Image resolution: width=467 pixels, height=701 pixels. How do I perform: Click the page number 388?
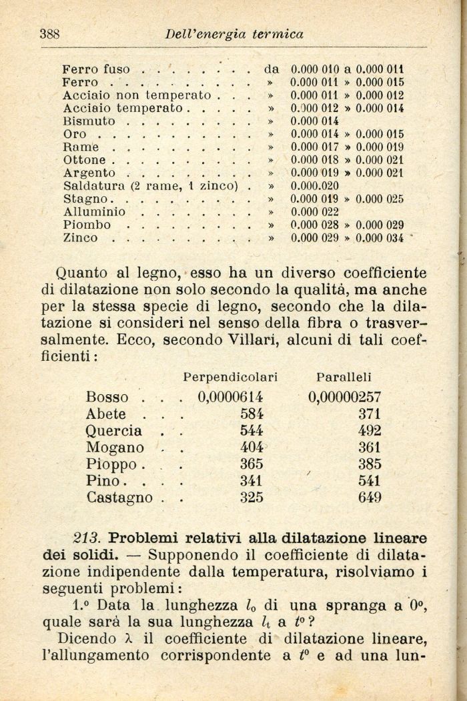[51, 33]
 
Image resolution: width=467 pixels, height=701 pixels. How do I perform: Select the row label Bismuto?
[89, 121]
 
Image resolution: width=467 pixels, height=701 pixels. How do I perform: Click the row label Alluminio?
[93, 211]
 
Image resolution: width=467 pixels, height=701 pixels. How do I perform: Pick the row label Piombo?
[87, 225]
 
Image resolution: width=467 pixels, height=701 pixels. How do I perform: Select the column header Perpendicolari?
[230, 377]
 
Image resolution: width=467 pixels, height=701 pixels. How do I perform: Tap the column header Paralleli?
[344, 377]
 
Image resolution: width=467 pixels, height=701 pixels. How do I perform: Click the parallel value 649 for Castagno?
[369, 497]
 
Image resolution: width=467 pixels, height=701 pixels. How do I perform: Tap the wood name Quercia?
[113, 430]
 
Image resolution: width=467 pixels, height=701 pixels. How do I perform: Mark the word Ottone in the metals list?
[84, 160]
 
